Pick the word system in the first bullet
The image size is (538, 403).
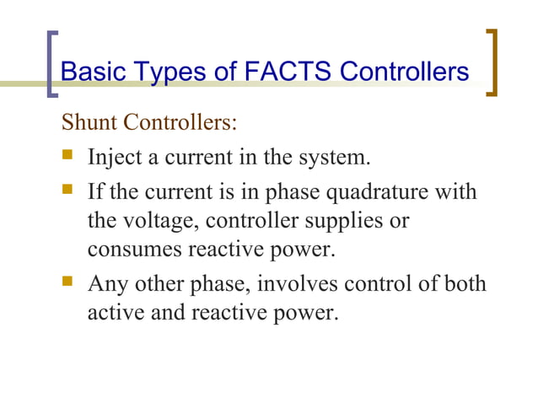[334, 158]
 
